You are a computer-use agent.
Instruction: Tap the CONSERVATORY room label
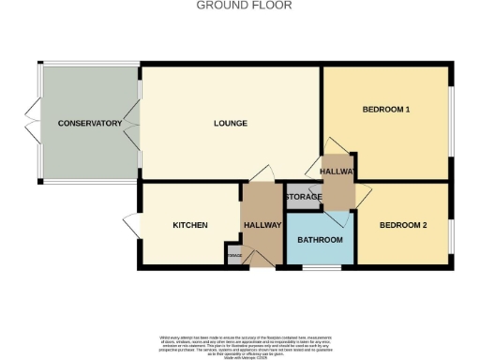90,124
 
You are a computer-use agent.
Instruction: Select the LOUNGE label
230,124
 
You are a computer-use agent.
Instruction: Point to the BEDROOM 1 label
386,110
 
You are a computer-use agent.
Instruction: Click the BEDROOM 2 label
403,225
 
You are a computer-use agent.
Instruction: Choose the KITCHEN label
189,225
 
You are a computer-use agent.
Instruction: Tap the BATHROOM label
320,240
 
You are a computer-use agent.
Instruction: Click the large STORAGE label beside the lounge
304,197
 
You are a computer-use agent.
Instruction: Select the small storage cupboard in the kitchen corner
233,255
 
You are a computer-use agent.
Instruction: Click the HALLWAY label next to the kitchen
262,225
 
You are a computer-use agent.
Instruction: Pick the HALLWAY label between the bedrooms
338,172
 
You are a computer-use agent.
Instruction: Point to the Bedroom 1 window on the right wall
453,110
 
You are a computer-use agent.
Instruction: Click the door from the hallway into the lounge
263,174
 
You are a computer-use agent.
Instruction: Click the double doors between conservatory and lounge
138,122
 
